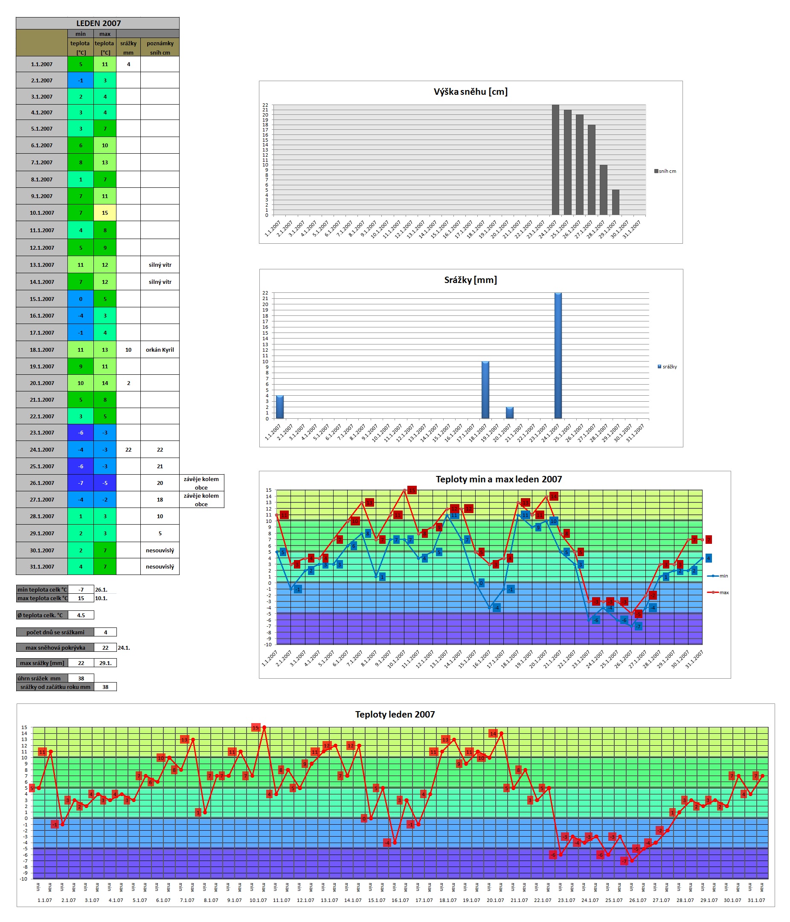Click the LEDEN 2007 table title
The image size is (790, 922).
click(x=98, y=23)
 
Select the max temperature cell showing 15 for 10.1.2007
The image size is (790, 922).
click(x=105, y=213)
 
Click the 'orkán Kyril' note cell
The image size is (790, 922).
click(x=160, y=350)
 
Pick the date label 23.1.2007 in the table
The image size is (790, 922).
click(x=41, y=432)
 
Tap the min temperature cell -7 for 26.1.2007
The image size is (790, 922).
click(x=81, y=483)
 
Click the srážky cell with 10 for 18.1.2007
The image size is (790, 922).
click(x=128, y=350)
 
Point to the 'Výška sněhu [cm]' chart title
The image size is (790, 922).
click(x=471, y=92)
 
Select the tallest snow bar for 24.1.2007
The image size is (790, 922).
click(x=555, y=160)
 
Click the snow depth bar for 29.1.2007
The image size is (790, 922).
click(x=615, y=202)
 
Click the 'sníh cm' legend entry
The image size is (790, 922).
click(x=665, y=171)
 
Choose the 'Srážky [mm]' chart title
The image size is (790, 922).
click(x=471, y=280)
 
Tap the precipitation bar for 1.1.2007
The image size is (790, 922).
click(x=280, y=407)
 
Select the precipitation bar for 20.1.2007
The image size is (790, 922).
click(x=509, y=413)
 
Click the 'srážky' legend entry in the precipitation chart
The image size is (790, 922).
click(x=668, y=367)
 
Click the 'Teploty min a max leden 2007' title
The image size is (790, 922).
click(x=498, y=479)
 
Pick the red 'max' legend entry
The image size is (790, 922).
click(x=718, y=592)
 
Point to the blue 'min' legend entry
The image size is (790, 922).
click(x=718, y=576)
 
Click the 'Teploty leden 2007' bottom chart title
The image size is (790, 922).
click(x=395, y=714)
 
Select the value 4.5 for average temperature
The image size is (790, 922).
click(x=81, y=615)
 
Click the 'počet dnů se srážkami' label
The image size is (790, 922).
click(x=55, y=632)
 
